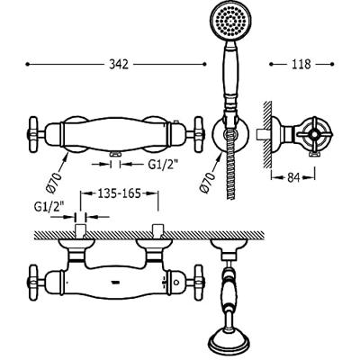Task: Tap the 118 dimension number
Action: point(301,64)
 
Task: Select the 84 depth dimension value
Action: point(293,178)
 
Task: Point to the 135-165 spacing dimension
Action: point(120,193)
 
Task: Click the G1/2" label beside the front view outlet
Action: point(163,164)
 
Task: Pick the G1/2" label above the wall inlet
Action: point(49,206)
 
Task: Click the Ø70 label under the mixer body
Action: point(54,182)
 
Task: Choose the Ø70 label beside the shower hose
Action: point(209,182)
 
